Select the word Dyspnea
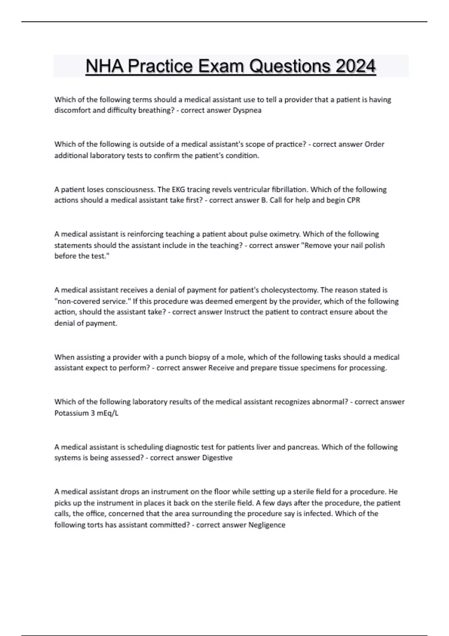point(247,110)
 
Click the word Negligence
point(267,525)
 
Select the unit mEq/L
point(108,413)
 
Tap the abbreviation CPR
point(353,200)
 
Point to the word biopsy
point(199,357)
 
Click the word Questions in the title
point(290,67)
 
